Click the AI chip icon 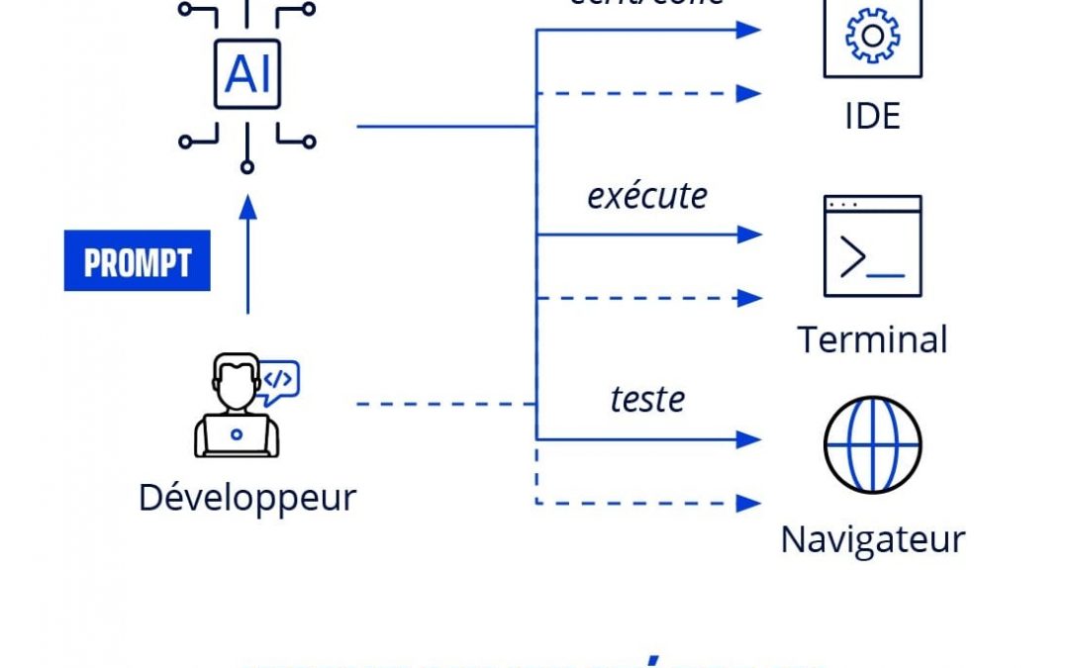247,74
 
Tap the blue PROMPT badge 137,262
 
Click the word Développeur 247,497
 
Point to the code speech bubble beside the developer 279,381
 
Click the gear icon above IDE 872,37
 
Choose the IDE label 872,117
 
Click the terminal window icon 872,246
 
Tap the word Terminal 872,339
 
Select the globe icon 872,444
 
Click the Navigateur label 872,539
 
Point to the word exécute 647,196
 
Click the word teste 647,399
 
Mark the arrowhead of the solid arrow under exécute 750,235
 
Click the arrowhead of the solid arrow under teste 750,438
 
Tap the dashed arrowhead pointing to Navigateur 750,503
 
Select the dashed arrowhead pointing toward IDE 750,94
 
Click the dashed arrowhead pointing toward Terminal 750,297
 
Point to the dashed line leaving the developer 445,404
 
